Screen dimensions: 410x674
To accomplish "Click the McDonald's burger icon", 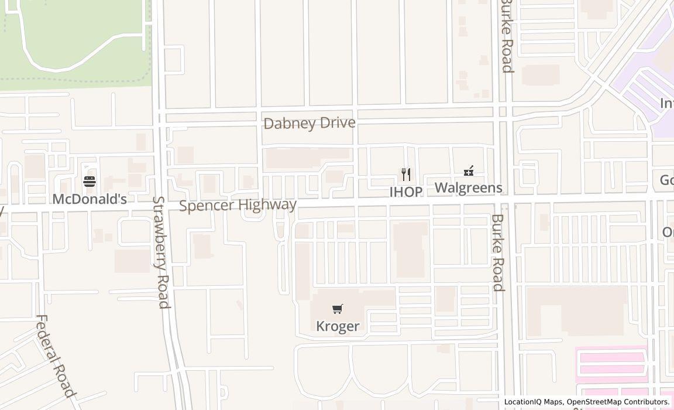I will point(90,182).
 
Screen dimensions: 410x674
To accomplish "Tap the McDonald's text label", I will point(90,199).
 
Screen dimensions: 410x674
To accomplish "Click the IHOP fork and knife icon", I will point(406,175).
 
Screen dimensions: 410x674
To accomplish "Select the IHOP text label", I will point(406,192).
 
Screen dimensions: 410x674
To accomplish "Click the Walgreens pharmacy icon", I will point(468,171).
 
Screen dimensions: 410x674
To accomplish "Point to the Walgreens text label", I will point(468,187).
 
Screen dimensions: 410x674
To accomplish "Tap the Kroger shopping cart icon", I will point(338,309).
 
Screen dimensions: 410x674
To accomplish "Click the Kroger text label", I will point(338,326).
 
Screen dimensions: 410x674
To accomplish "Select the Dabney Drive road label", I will point(310,123).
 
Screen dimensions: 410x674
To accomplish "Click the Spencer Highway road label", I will point(238,205).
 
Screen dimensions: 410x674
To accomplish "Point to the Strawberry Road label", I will point(161,252).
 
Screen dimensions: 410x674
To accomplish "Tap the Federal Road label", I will point(55,356).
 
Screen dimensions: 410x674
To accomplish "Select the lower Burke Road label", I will point(497,252).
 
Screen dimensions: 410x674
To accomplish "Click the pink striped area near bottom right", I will point(611,363).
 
